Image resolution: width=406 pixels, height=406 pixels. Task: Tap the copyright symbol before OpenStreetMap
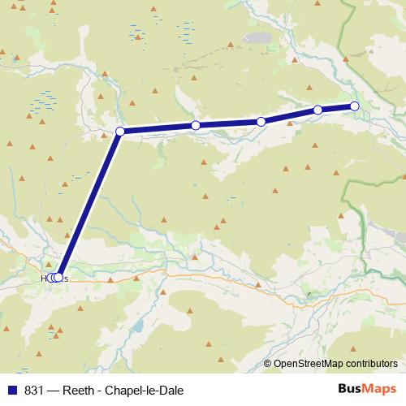[x=268, y=364]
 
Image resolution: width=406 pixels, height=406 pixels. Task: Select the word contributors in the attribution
[x=370, y=364]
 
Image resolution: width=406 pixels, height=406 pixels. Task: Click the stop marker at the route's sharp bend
[x=120, y=132]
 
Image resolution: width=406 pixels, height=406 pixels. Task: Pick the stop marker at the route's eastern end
[x=355, y=106]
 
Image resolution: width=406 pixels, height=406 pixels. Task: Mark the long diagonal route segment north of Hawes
[x=89, y=205]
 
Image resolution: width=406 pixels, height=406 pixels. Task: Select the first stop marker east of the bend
[x=196, y=125]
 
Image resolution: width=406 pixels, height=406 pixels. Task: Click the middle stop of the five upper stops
[x=261, y=122]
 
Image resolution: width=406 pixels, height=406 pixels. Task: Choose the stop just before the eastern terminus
[x=317, y=110]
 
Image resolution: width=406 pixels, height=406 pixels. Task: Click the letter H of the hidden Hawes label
[x=45, y=278]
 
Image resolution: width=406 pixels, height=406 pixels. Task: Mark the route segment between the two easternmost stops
[x=336, y=108]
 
